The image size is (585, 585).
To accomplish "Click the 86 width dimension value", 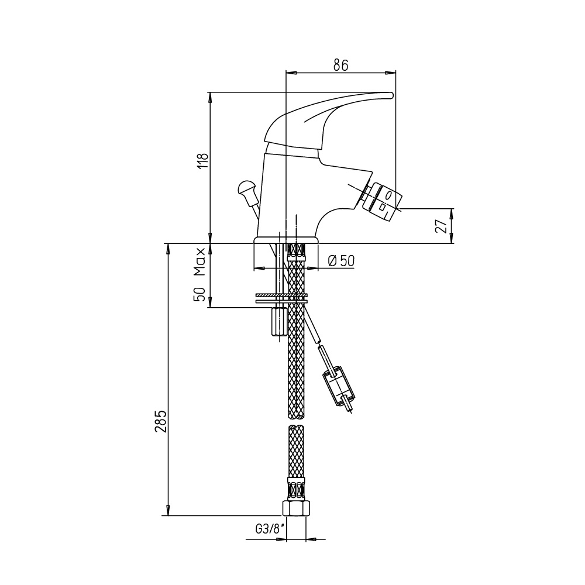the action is [340, 64].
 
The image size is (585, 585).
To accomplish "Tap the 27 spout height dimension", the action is [442, 226].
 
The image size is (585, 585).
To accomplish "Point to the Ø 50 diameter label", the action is [341, 260].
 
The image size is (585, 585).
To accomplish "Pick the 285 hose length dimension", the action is [161, 422].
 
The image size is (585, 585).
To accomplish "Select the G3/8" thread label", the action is [270, 529].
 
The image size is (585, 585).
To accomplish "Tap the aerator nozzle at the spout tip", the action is [381, 201].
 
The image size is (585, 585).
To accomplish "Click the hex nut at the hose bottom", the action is [296, 508].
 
